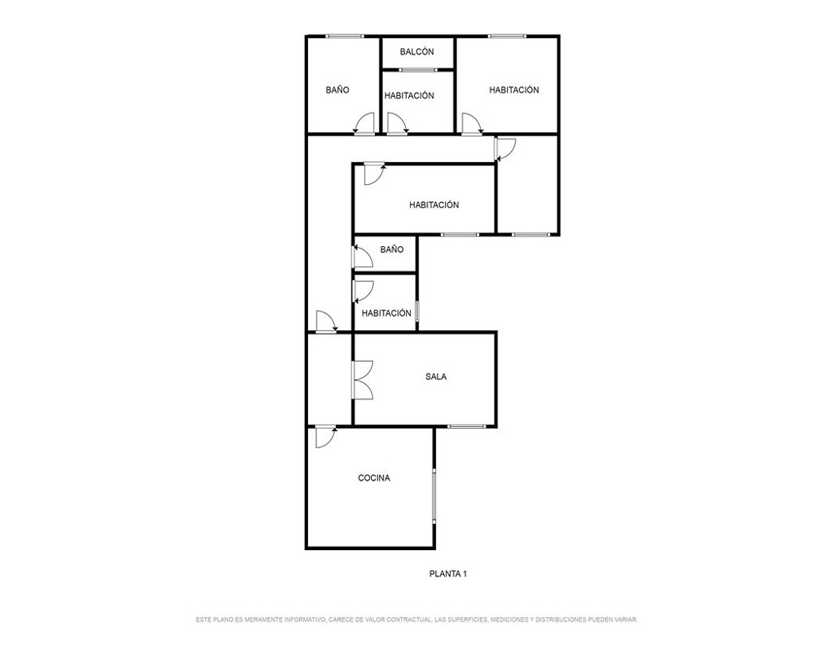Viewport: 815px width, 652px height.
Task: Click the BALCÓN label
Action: (416, 52)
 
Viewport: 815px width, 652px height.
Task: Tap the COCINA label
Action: (374, 478)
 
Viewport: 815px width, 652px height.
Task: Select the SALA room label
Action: (436, 377)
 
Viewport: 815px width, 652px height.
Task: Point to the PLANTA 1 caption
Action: (448, 574)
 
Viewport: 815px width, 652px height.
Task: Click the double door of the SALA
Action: (363, 380)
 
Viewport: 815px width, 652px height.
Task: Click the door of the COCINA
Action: (326, 438)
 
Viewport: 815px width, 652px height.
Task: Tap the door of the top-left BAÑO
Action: (363, 124)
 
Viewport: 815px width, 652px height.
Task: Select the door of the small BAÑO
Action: (363, 257)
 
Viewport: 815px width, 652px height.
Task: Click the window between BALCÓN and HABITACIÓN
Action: (418, 69)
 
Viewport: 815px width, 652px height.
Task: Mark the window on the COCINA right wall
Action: (434, 496)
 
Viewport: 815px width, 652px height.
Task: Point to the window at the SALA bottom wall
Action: (466, 427)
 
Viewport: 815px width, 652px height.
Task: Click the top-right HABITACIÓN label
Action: (514, 90)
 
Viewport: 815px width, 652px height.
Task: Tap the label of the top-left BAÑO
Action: (337, 90)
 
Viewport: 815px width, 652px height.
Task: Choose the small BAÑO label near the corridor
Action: (392, 250)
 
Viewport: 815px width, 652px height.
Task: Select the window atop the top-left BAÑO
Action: (345, 37)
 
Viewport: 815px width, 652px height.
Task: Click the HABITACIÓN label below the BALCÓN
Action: (409, 96)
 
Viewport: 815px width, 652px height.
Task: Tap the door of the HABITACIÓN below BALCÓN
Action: (398, 124)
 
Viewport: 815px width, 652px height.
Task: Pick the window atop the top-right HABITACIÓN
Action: (507, 37)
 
